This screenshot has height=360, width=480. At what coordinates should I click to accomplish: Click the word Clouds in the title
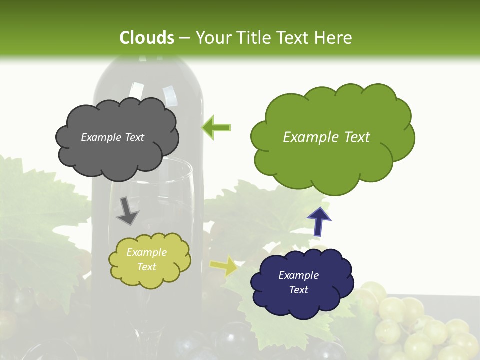click(x=147, y=38)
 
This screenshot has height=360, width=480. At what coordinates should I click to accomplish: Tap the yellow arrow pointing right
click(x=224, y=266)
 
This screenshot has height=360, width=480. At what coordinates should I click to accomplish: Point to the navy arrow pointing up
click(x=319, y=221)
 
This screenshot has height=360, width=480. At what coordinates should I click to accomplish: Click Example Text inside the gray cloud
click(x=112, y=137)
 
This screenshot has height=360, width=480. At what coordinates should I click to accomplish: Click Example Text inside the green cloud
click(x=326, y=137)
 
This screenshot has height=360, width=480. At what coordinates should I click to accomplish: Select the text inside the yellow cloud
click(x=146, y=260)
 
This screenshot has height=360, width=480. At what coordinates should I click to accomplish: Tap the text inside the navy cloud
click(x=298, y=282)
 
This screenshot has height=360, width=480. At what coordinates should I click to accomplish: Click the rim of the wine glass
click(x=165, y=162)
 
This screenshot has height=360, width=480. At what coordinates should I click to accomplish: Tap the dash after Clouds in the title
click(x=184, y=38)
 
